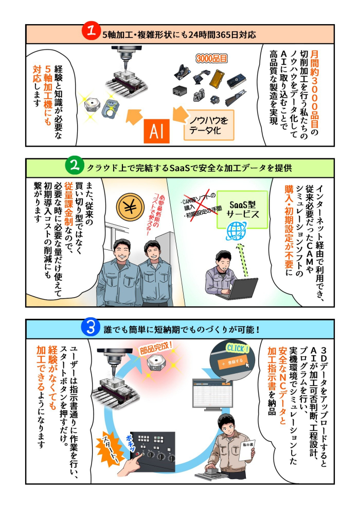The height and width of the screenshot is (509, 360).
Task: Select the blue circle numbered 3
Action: click(x=91, y=328)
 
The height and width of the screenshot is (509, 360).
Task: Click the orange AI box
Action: click(x=157, y=131)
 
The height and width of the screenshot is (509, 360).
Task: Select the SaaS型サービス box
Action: click(x=239, y=209)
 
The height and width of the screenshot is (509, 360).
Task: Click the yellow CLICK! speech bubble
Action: click(x=236, y=349)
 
